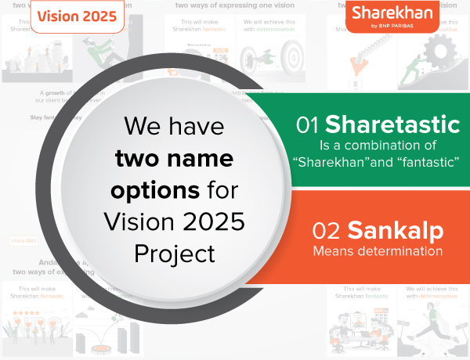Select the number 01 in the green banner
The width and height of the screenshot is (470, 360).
308,124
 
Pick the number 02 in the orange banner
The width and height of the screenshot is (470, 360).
327,231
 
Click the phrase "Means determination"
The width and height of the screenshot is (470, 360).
378,251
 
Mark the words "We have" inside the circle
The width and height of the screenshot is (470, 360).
173,127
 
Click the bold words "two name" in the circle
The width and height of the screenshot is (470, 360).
174,158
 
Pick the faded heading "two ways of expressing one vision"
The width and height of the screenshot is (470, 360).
235,7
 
